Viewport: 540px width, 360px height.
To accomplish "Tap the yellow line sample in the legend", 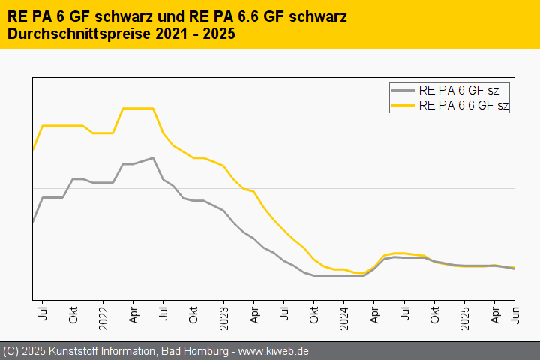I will coord(403,105).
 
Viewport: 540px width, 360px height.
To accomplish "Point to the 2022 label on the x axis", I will coord(103,314).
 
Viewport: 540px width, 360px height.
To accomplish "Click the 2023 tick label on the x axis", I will coord(223,314).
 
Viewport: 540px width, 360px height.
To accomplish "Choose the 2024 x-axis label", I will coord(344,314).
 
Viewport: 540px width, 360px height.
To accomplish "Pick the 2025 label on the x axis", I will coord(465,314).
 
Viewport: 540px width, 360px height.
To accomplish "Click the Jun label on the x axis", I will coord(514,311).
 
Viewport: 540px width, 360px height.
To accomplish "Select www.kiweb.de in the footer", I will coord(274,351).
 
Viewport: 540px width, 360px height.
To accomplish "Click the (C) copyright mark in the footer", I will coord(10,351).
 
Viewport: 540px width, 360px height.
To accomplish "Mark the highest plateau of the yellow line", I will coord(138,108).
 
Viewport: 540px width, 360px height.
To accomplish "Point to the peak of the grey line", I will coord(152,158).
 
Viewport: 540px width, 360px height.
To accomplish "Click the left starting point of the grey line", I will coord(33,222).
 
